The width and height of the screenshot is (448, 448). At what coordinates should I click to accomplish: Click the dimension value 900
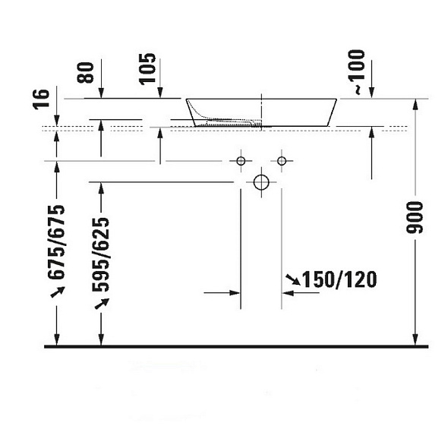415,217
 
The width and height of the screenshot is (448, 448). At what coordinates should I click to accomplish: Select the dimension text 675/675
56,242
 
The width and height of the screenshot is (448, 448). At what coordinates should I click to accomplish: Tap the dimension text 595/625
101,254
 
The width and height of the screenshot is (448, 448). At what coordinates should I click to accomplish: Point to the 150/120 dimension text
339,279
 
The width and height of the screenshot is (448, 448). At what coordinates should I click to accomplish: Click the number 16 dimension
42,99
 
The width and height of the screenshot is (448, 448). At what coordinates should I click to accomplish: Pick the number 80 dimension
86,73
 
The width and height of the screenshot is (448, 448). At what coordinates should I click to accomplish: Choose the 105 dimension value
147,69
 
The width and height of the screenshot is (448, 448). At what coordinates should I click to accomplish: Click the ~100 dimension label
357,72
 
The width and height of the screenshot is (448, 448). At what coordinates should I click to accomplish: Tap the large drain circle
261,182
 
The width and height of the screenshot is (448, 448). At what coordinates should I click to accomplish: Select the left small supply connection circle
241,161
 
